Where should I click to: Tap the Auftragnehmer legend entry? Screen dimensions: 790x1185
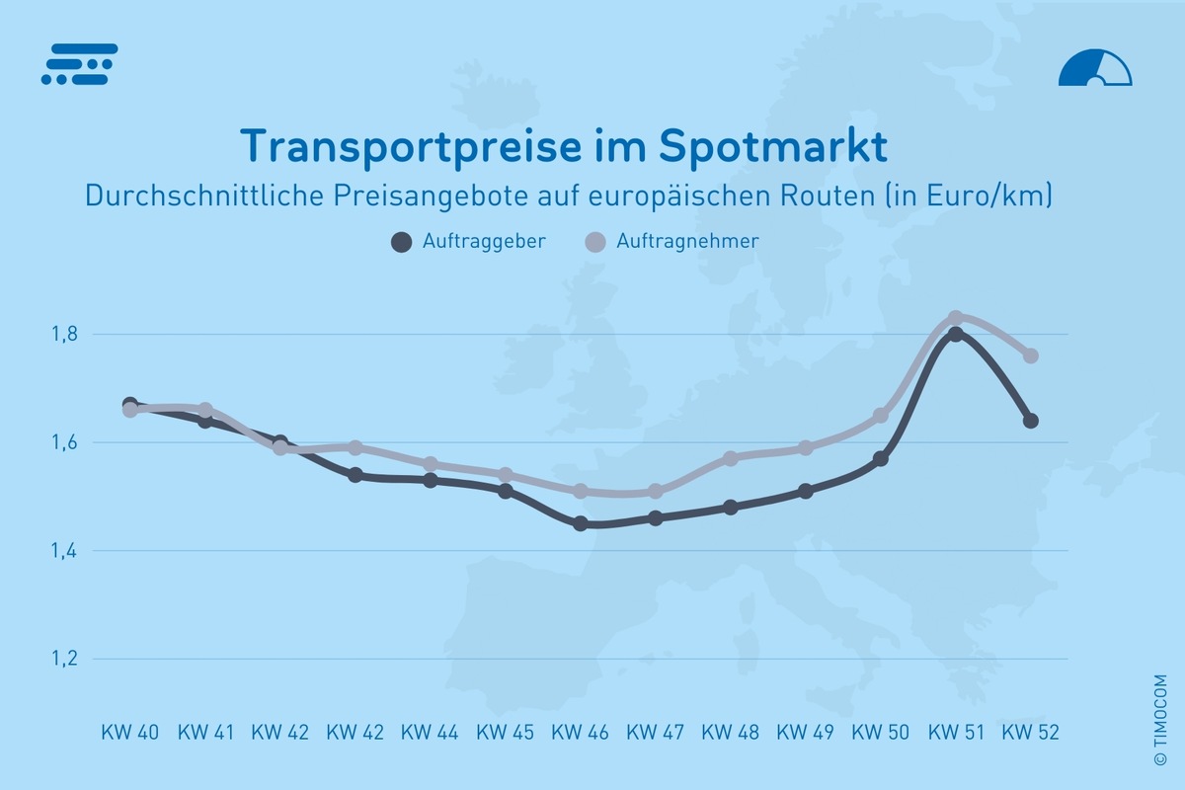[671, 241]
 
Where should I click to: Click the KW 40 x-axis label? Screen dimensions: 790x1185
[129, 733]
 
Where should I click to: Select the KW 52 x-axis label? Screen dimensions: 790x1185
[1030, 733]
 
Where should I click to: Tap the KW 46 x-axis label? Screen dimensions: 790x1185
[580, 733]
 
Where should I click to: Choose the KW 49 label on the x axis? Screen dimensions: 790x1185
[805, 733]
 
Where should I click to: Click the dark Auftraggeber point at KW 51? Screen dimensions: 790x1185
[955, 335]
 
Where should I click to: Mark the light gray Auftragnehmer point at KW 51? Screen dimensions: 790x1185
[955, 318]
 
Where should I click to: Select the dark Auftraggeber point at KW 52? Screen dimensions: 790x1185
[1030, 421]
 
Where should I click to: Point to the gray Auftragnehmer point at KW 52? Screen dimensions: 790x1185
[1030, 355]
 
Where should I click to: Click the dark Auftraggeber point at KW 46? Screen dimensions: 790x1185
[581, 523]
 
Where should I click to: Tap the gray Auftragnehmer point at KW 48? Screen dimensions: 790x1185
[731, 458]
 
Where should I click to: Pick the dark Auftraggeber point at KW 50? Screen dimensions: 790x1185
[881, 459]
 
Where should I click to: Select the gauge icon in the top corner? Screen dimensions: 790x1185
[1094, 68]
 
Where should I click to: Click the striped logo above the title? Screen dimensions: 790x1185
[80, 64]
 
